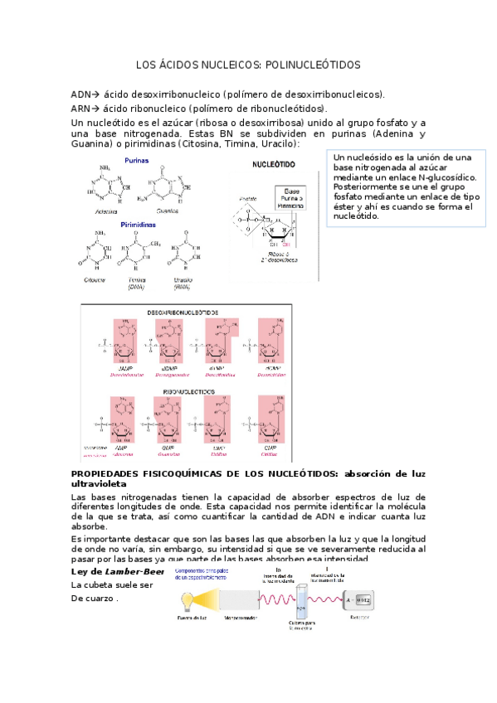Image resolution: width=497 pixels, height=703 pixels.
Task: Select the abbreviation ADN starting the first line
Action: coord(80,95)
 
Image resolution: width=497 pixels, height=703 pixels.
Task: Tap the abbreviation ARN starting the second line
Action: coord(80,109)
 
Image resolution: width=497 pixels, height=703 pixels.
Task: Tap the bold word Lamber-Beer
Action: coord(134,572)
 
